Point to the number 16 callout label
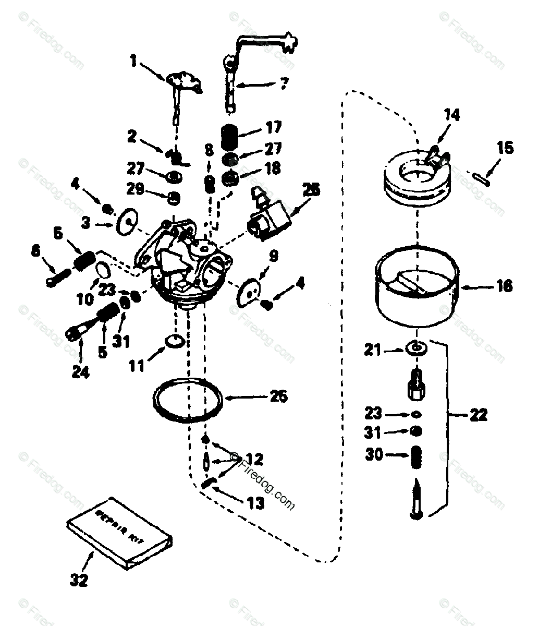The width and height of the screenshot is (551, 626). pyautogui.click(x=504, y=286)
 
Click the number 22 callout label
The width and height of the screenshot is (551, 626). pyautogui.click(x=478, y=415)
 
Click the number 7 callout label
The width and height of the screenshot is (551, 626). pyautogui.click(x=284, y=83)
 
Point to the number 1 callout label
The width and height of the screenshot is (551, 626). pyautogui.click(x=133, y=62)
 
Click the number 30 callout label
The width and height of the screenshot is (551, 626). pyautogui.click(x=373, y=454)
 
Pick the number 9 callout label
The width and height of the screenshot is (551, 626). pyautogui.click(x=274, y=256)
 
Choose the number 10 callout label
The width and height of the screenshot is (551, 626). pyautogui.click(x=87, y=299)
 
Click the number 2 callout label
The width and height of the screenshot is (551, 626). pyautogui.click(x=132, y=137)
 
